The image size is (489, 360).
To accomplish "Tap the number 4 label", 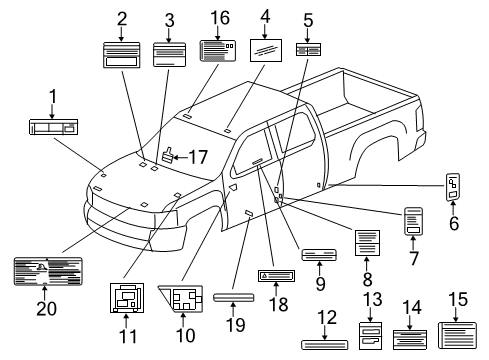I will point(264,16).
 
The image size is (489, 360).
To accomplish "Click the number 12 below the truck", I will point(327,317).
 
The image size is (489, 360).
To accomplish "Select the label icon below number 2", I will point(122,56).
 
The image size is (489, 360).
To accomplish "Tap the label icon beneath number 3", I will point(169,55).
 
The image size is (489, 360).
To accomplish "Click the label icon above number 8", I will point(368,243).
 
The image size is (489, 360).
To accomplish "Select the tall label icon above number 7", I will point(413,222).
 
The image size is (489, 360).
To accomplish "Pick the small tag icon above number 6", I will point(452,187).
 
